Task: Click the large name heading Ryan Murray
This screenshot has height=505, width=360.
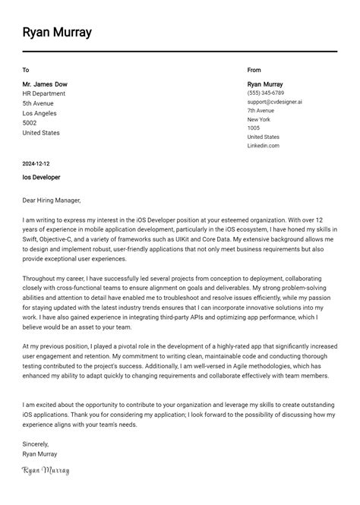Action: tap(57, 33)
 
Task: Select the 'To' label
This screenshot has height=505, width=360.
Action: tap(26, 70)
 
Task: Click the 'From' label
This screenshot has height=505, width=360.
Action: tap(254, 70)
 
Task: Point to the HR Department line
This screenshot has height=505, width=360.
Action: tap(44, 93)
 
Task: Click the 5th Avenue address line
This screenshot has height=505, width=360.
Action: tap(38, 103)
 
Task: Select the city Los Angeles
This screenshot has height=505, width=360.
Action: tap(40, 113)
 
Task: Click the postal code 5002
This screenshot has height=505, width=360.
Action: tap(30, 123)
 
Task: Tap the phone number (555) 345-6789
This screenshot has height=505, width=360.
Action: tap(266, 93)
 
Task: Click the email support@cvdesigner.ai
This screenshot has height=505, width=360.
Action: tap(274, 102)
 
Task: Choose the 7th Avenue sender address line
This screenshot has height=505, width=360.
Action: tap(261, 111)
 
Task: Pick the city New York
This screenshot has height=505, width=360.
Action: tap(259, 119)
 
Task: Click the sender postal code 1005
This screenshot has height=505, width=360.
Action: tap(254, 128)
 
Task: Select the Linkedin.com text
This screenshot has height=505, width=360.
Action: tap(264, 146)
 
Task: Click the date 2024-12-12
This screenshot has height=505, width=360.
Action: tap(36, 163)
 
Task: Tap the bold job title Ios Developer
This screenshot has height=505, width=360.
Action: tap(41, 178)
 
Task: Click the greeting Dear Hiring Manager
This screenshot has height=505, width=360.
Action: tap(51, 200)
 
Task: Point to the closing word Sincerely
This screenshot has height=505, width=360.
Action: tap(36, 443)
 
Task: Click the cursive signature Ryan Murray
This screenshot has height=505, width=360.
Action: tap(46, 471)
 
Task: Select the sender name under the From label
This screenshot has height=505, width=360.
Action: tap(265, 84)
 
